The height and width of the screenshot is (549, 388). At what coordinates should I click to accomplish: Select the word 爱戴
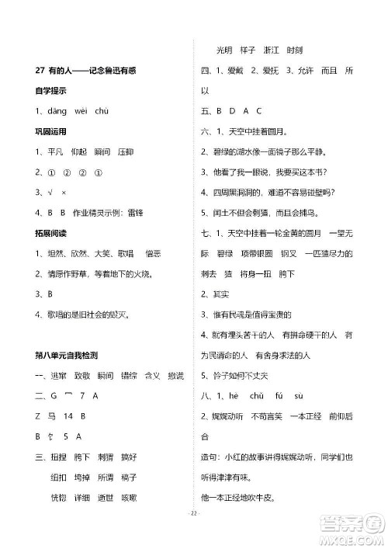pos(230,70)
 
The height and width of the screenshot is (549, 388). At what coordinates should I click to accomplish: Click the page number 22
pos(195,534)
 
